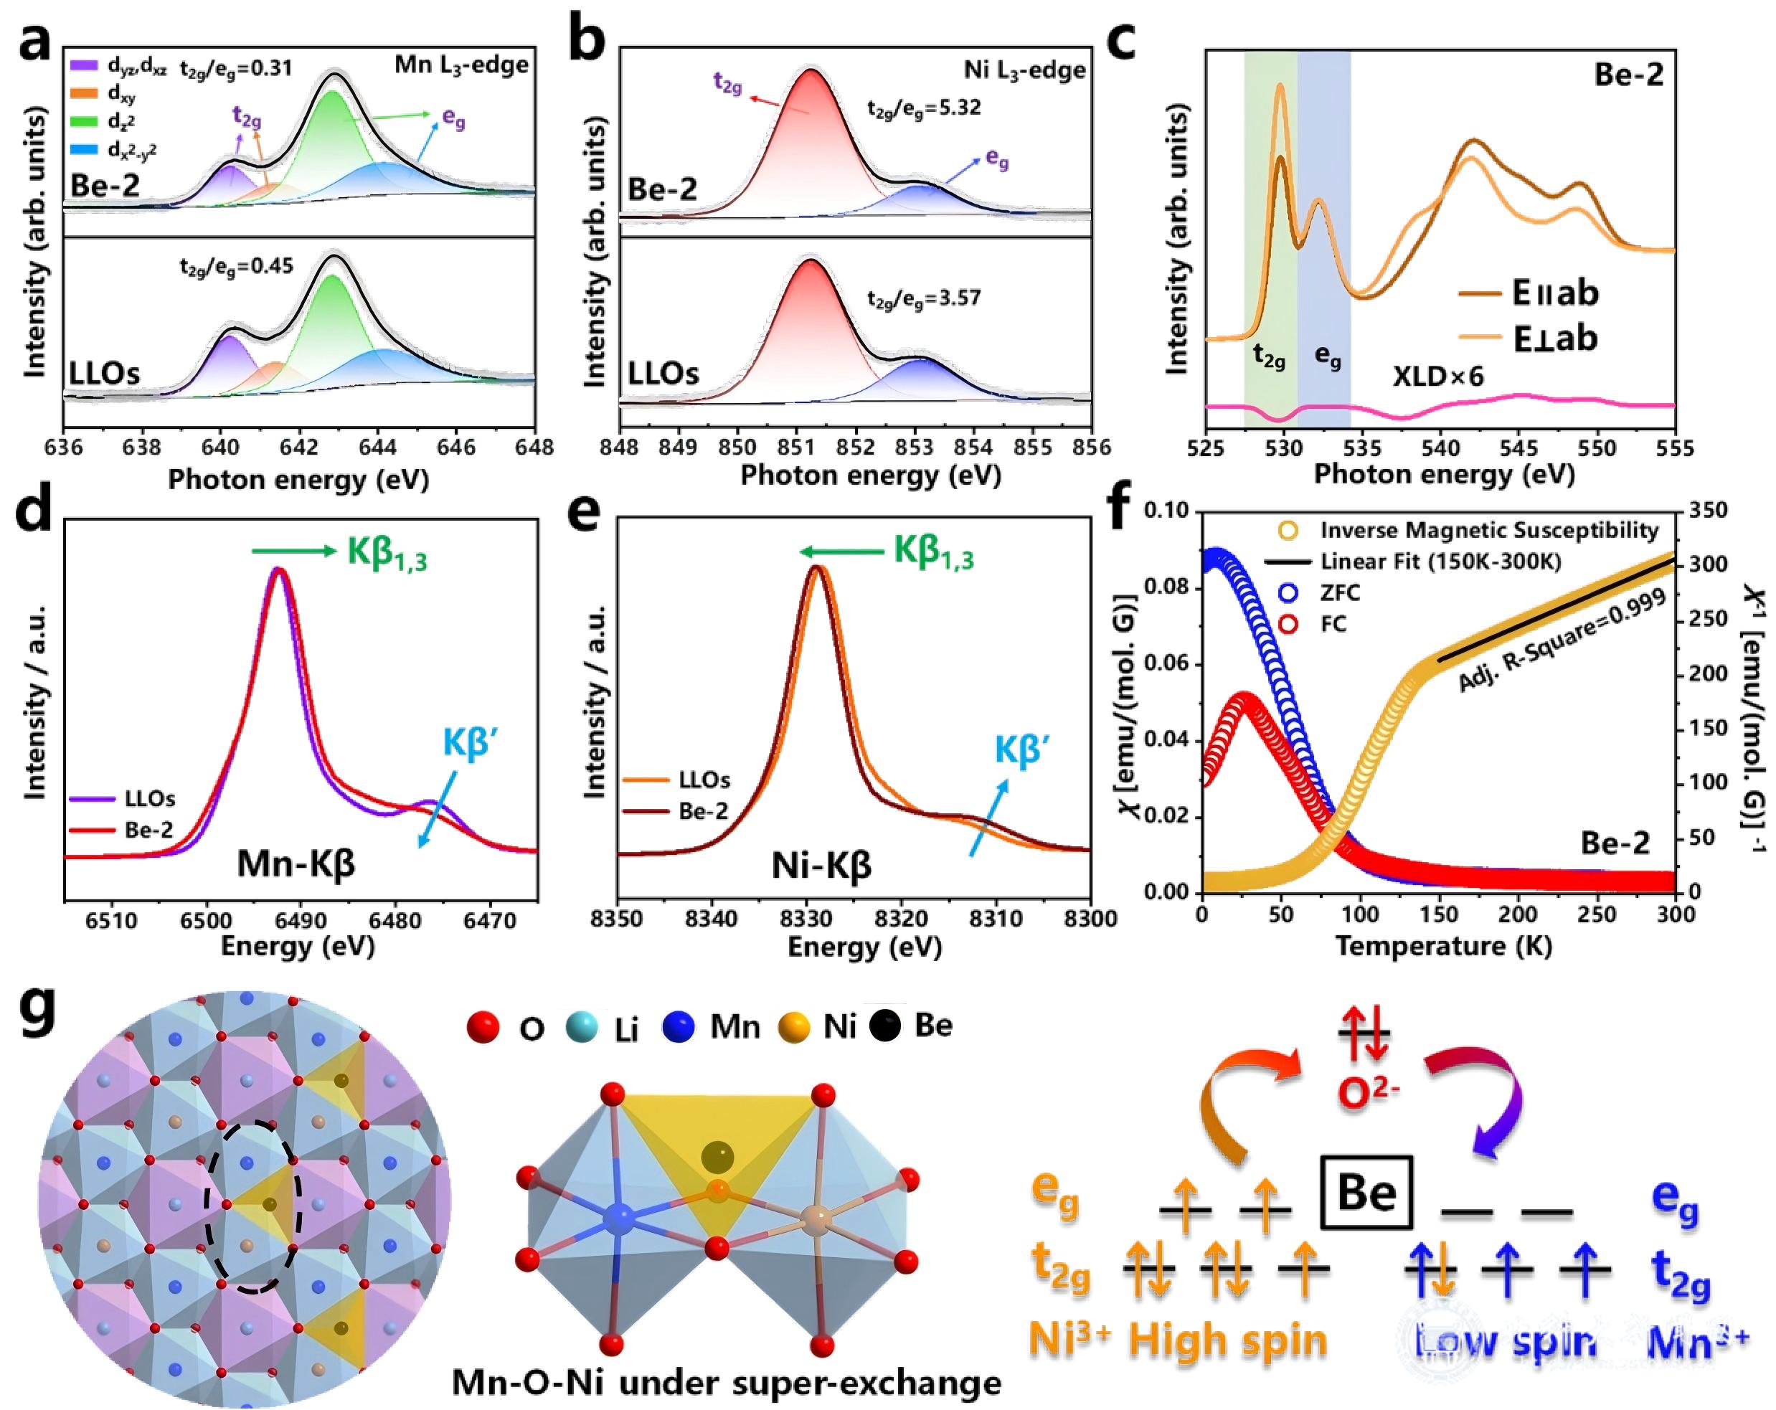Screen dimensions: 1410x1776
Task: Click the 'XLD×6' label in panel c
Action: (x=1438, y=377)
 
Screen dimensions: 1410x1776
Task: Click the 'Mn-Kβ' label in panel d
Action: (x=296, y=864)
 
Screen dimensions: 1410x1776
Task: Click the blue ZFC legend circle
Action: (x=1288, y=593)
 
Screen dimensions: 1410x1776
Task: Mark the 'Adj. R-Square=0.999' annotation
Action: (x=1562, y=643)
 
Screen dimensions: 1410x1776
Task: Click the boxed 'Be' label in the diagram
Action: (x=1366, y=1191)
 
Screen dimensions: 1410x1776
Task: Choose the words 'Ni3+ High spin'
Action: (x=1178, y=1340)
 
